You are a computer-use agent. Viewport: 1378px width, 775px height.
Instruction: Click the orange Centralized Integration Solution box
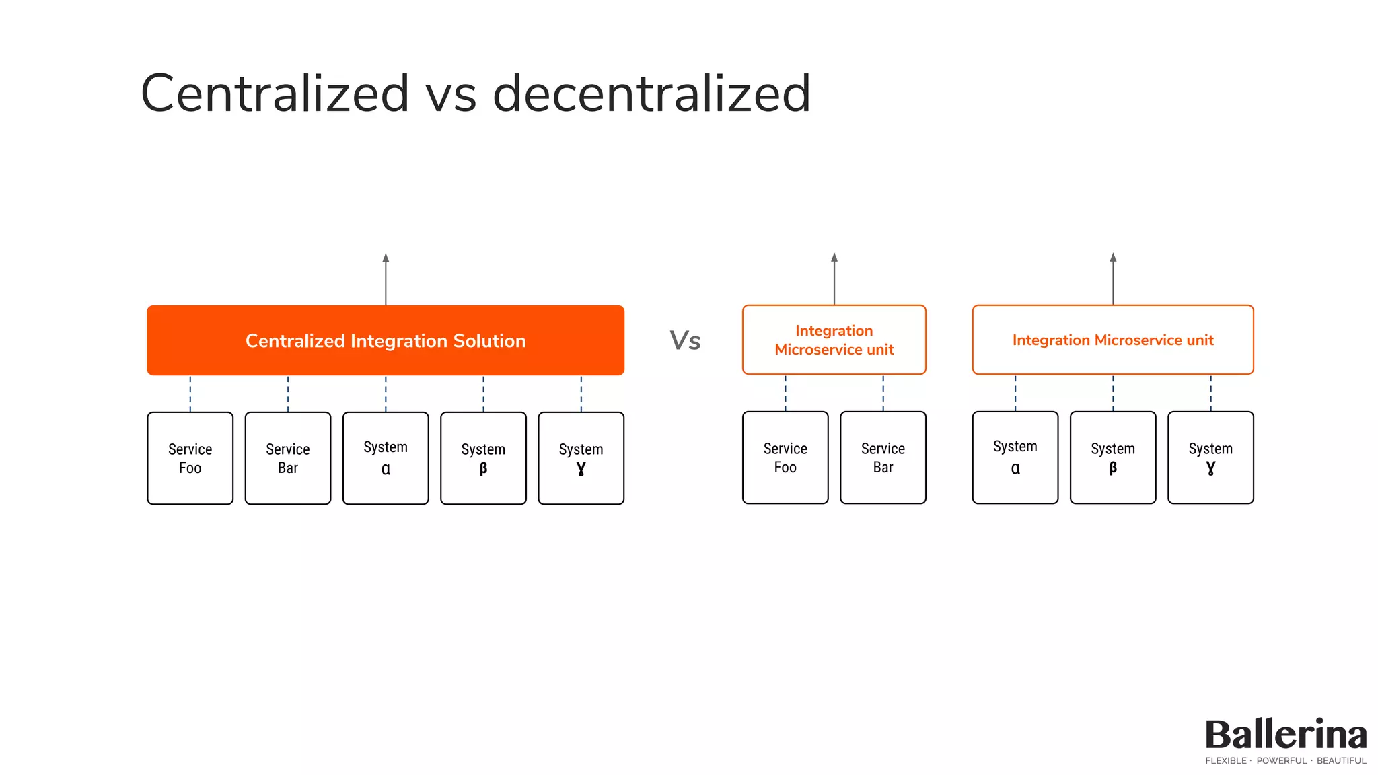pyautogui.click(x=386, y=340)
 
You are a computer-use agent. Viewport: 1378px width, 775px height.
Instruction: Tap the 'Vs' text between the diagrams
pyautogui.click(x=685, y=340)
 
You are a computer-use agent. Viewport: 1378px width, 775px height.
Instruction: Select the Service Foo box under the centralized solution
pyautogui.click(x=190, y=458)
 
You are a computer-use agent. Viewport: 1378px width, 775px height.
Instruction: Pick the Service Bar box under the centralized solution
pyautogui.click(x=288, y=458)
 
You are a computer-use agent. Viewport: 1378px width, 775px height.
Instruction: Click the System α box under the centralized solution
pyautogui.click(x=386, y=458)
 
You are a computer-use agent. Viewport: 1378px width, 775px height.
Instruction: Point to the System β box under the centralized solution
pyautogui.click(x=483, y=458)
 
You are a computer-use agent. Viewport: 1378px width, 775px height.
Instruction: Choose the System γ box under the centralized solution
pyautogui.click(x=581, y=458)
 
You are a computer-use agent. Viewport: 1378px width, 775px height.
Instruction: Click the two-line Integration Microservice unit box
pyautogui.click(x=834, y=340)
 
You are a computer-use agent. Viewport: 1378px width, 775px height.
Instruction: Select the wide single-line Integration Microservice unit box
pyautogui.click(x=1113, y=340)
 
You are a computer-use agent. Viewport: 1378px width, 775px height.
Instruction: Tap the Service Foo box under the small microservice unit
pyautogui.click(x=785, y=457)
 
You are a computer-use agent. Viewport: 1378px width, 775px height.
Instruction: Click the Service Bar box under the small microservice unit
pyautogui.click(x=883, y=457)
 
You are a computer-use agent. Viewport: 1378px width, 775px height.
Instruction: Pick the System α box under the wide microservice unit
pyautogui.click(x=1015, y=457)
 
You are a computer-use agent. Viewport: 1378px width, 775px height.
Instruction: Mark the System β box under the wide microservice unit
pyautogui.click(x=1113, y=457)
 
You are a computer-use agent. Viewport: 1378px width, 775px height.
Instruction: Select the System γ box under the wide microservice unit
pyautogui.click(x=1210, y=457)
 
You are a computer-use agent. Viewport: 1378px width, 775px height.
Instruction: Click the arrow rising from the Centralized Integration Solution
pyautogui.click(x=386, y=279)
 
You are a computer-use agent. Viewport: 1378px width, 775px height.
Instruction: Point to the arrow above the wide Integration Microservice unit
pyautogui.click(x=1113, y=279)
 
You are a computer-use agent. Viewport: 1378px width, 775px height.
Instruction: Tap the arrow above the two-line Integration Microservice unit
pyautogui.click(x=834, y=279)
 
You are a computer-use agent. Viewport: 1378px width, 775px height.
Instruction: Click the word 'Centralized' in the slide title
pyautogui.click(x=275, y=94)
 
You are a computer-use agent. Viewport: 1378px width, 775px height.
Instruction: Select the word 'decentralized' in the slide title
pyautogui.click(x=651, y=94)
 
